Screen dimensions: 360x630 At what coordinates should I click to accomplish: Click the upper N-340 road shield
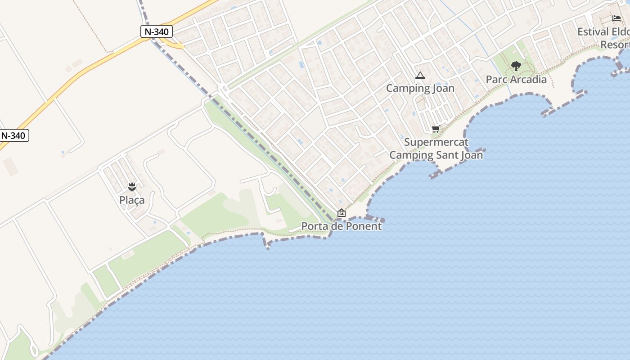point(156,31)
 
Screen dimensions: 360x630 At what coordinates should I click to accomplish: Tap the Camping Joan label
point(420,88)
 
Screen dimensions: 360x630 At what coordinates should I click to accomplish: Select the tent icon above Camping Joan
point(420,76)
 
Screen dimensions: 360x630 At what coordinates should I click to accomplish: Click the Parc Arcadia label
point(516,80)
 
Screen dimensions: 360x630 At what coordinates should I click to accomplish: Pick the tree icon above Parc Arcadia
point(516,67)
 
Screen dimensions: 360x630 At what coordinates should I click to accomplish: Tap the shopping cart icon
point(436,129)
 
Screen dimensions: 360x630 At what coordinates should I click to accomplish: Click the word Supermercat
point(436,142)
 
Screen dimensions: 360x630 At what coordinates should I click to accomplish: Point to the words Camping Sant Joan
point(436,155)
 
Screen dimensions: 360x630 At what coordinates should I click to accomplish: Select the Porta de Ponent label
point(341,226)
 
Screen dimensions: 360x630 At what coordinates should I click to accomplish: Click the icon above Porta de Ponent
point(342,213)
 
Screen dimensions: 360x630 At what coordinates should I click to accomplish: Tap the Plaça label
point(132,200)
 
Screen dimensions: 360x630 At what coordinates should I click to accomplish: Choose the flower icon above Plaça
point(132,186)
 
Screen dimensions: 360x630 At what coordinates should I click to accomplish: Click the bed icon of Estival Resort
point(616,18)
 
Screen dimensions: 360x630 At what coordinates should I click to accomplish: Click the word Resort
point(615,45)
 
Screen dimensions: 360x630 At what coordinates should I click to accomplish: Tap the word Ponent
point(363,226)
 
